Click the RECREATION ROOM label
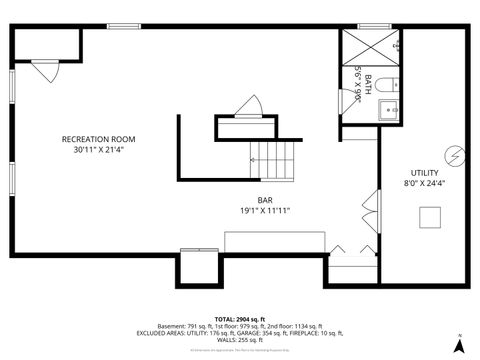point(98,139)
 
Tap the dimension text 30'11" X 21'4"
point(98,150)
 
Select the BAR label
point(265,200)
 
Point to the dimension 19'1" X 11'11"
point(265,211)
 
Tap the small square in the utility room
point(431,218)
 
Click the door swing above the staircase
point(248,107)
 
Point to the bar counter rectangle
point(274,242)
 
